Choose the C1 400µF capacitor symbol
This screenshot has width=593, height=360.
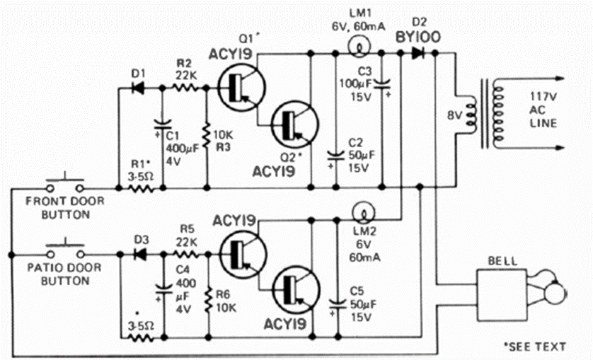click(x=162, y=128)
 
